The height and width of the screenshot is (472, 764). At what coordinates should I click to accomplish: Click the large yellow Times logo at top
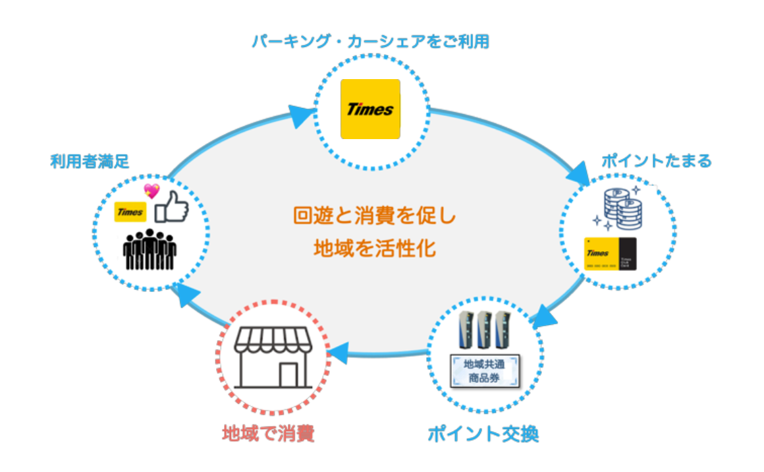click(x=370, y=109)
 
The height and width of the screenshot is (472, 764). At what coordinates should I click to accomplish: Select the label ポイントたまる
click(x=657, y=161)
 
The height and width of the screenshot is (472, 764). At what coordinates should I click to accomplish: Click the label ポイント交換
click(x=483, y=434)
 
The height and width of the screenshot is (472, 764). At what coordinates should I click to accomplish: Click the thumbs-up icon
click(x=171, y=208)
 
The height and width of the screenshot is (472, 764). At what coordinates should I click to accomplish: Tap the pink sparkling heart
click(x=152, y=191)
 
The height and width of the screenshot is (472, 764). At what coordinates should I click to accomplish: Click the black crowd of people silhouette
click(x=150, y=249)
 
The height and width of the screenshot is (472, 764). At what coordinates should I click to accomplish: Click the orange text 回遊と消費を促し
click(x=374, y=216)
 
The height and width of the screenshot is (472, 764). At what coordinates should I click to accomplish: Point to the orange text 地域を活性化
click(x=374, y=249)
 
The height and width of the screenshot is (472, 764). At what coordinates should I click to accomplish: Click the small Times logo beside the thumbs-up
click(x=130, y=212)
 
